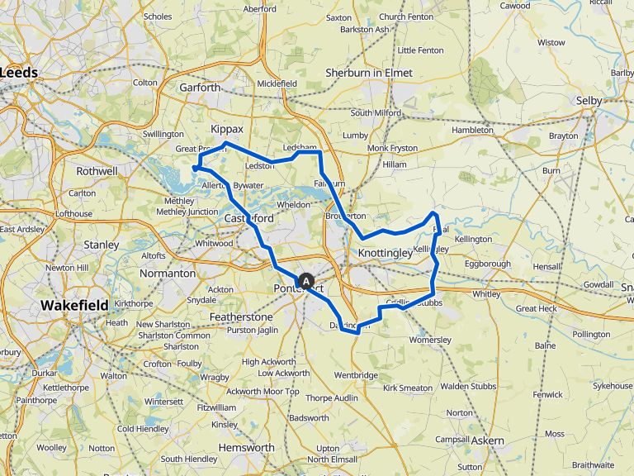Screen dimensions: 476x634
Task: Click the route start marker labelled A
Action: pos(306,282)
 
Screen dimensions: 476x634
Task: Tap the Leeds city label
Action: pos(20,73)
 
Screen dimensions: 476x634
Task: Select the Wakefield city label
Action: pos(74,306)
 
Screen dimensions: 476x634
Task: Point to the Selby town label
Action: pos(589,100)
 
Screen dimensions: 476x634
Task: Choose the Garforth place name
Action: pos(200,87)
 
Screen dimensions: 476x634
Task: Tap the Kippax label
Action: pos(227,130)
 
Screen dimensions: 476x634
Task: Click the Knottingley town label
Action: pos(386,254)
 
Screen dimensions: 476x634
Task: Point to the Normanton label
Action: pos(167,273)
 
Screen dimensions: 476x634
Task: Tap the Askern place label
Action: pos(487,440)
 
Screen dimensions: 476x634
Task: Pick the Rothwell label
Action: pos(97,171)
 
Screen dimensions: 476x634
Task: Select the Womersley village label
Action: pos(430,337)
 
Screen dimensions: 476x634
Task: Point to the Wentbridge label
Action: pos(356,375)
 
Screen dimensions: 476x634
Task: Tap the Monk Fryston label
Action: pos(392,148)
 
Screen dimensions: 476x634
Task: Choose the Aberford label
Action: pos(259,9)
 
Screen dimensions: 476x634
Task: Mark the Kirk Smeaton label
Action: pos(408,388)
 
